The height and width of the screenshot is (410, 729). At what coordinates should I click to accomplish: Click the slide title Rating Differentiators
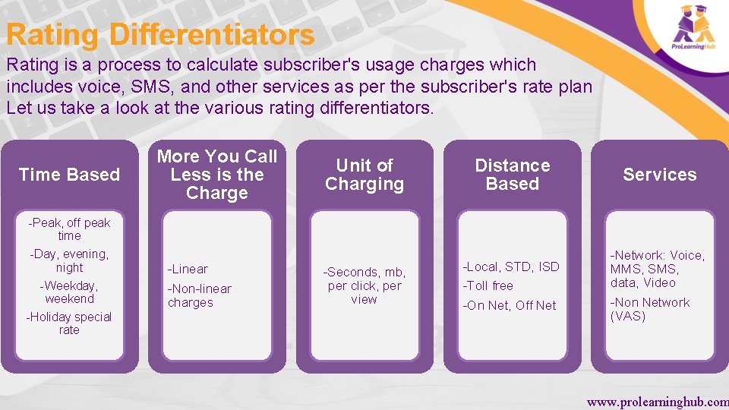click(x=160, y=35)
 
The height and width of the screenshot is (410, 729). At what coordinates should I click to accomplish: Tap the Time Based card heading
click(x=69, y=175)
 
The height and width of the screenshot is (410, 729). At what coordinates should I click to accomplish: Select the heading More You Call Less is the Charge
click(x=217, y=175)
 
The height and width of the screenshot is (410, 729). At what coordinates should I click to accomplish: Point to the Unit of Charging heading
click(x=364, y=175)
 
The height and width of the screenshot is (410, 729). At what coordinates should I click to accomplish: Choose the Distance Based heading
click(x=513, y=175)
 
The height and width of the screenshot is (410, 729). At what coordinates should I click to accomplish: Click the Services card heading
click(x=660, y=175)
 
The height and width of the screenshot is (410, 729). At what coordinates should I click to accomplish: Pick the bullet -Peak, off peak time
click(x=69, y=229)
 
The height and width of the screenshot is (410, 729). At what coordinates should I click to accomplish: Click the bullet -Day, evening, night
click(x=69, y=261)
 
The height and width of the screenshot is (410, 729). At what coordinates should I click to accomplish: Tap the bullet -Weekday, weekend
click(x=69, y=292)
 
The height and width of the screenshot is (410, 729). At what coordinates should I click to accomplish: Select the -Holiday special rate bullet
click(x=69, y=323)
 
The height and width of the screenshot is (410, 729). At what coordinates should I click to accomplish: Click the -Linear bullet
click(x=188, y=269)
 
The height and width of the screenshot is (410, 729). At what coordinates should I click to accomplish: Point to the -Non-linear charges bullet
click(x=199, y=295)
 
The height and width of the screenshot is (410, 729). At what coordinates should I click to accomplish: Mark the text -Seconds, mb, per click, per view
click(x=364, y=285)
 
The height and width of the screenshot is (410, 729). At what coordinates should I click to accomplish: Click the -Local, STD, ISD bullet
click(x=511, y=266)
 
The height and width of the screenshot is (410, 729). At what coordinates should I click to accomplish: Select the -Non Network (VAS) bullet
click(x=650, y=309)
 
